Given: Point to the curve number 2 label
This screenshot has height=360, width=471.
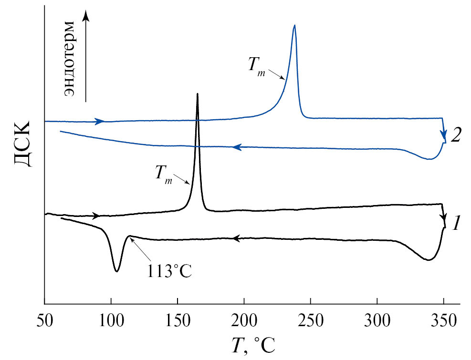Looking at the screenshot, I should (456, 136).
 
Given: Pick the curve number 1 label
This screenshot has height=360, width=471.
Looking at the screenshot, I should (456, 223).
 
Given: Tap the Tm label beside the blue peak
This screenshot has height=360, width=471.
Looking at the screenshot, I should (257, 65).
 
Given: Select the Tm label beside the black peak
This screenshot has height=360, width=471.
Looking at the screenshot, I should (164, 173).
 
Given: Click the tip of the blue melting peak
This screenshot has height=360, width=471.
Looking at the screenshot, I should (294, 25).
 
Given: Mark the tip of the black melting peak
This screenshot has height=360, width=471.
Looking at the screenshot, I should (197, 94).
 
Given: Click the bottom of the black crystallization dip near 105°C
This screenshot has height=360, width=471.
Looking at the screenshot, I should (116, 271).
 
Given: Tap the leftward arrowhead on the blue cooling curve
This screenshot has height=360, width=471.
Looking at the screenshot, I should (236, 148).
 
